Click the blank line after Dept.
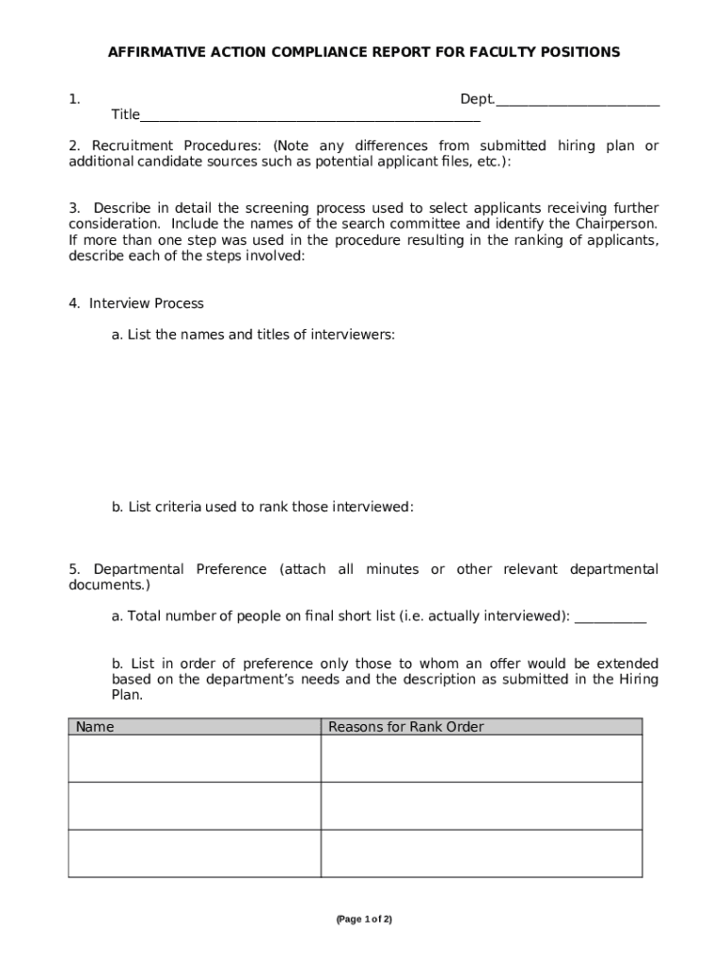coord(577,100)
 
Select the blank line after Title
coord(310,116)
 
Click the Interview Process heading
coord(147,303)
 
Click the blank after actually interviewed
coord(611,617)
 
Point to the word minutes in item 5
coord(392,569)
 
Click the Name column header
coord(95,727)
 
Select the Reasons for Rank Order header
coord(406,727)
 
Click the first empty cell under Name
coord(194,758)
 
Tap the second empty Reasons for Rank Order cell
coord(481,805)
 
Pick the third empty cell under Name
coord(194,853)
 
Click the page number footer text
coord(364,919)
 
